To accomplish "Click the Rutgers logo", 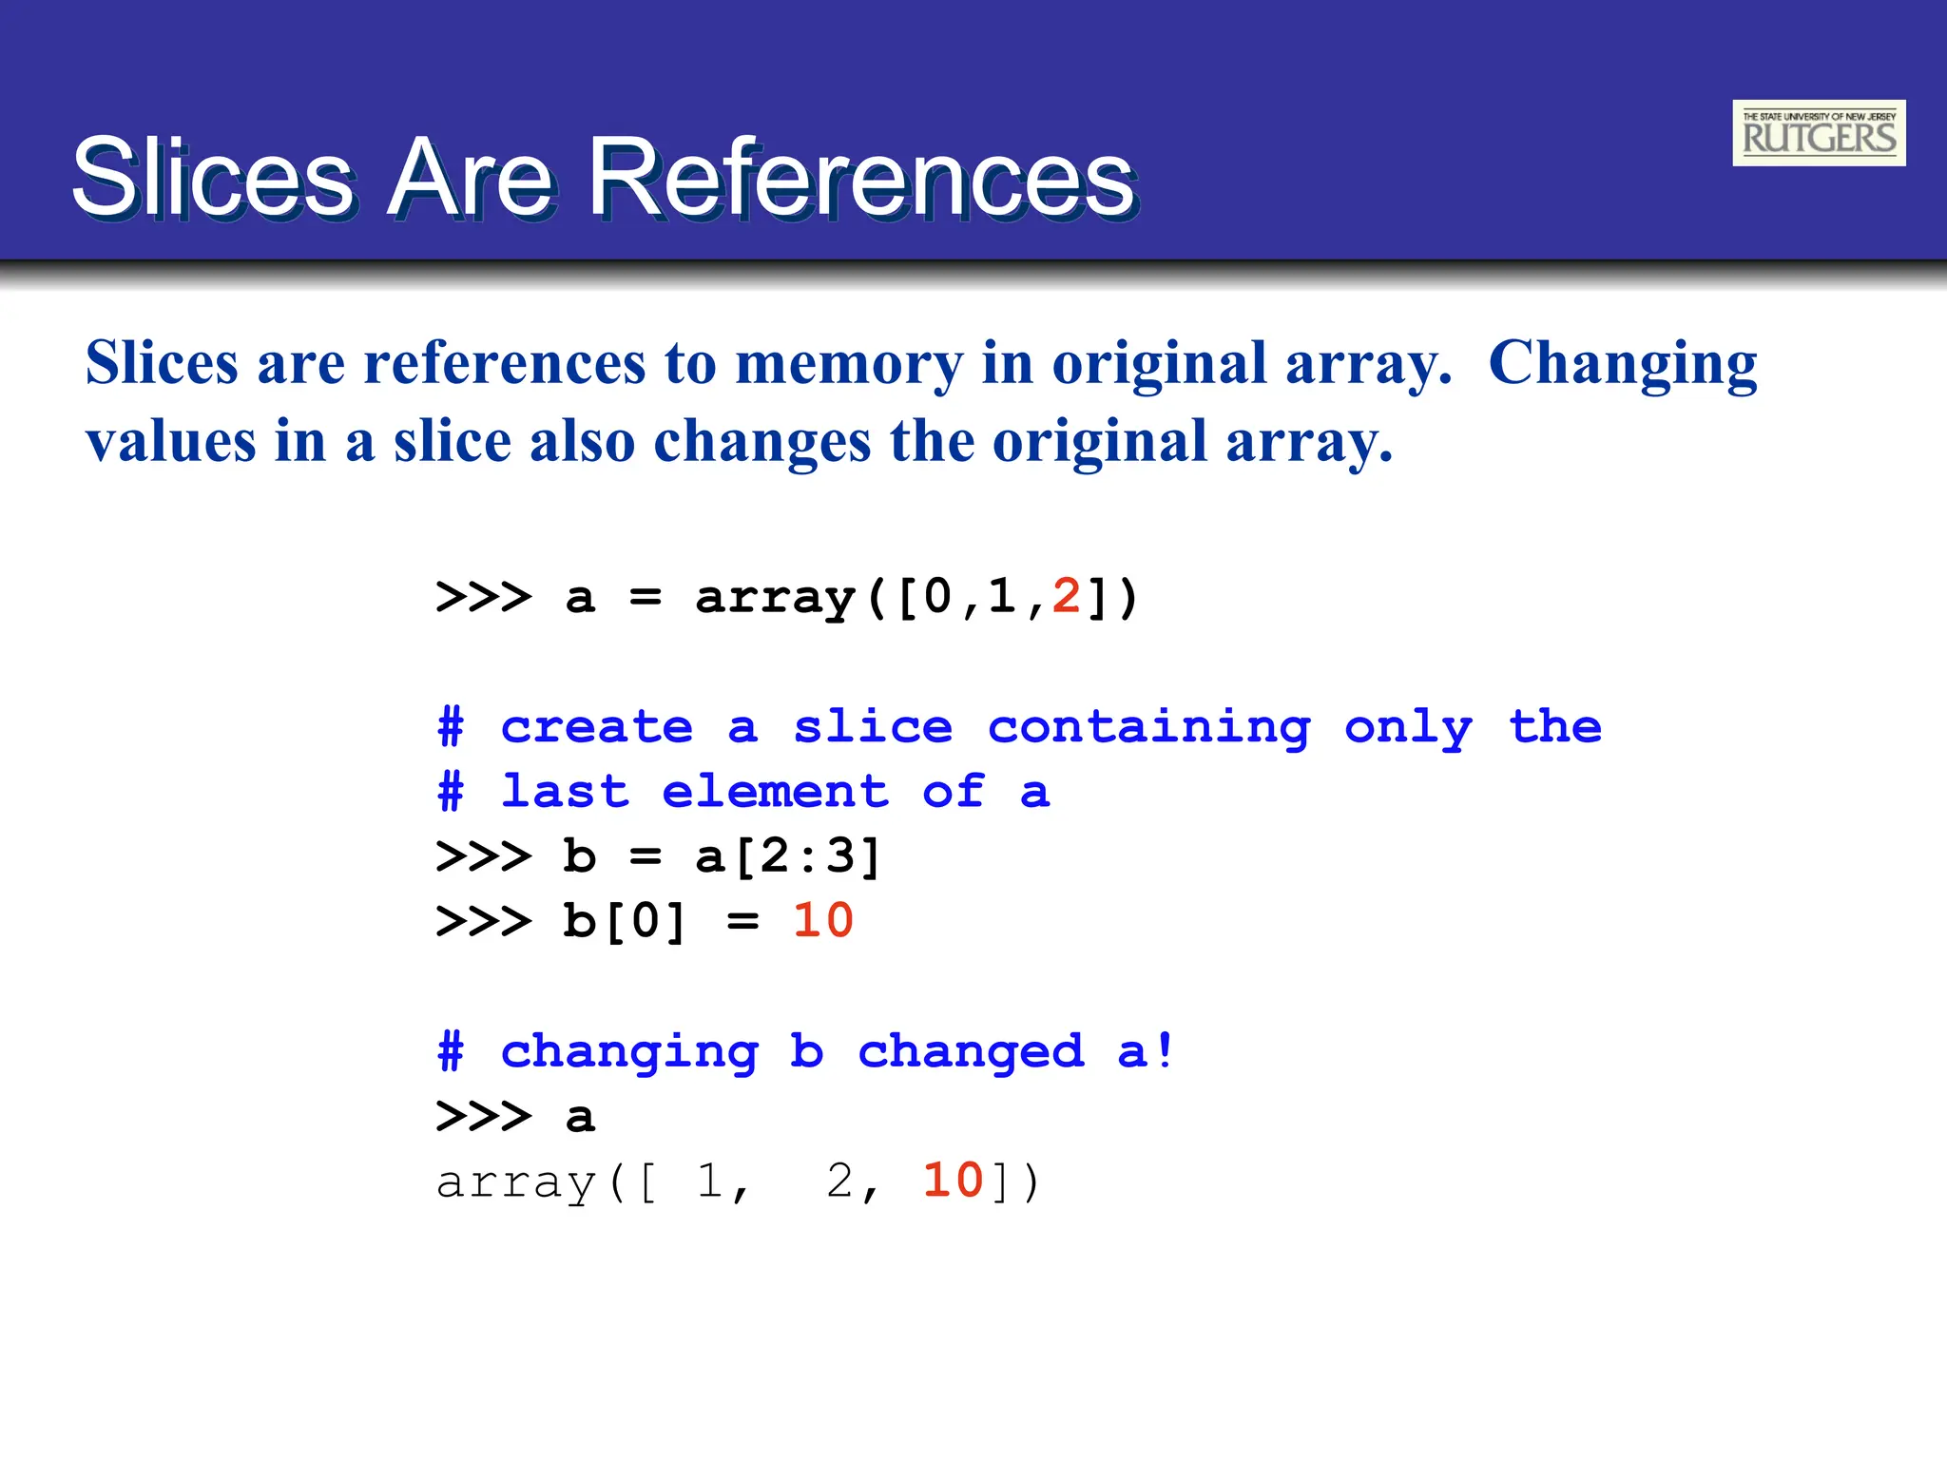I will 1818,133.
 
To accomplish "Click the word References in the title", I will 861,178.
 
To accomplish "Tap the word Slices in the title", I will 213,178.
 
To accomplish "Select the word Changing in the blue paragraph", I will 1622,364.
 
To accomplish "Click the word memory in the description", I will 848,364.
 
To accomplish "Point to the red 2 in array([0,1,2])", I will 1066,597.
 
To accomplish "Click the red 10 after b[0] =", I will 823,920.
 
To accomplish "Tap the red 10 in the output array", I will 953,1181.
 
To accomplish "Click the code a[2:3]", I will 788,855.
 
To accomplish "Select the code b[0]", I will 624,920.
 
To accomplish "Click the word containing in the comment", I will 1148,728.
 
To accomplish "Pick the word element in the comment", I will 775,792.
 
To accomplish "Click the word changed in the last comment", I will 971,1052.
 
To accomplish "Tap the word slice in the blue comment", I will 873,728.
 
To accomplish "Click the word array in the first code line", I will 775,598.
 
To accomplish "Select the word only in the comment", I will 1408,728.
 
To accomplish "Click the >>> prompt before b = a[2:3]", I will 483,856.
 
